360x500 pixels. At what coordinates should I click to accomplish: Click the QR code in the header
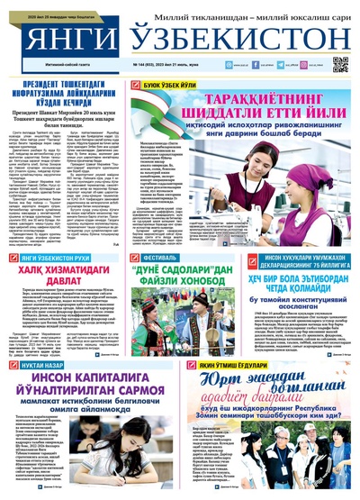[340, 64]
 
